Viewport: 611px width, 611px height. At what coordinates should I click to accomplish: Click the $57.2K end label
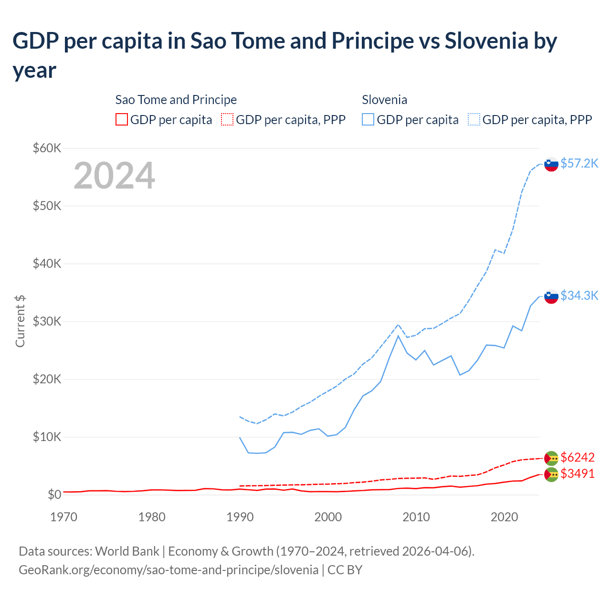pyautogui.click(x=579, y=163)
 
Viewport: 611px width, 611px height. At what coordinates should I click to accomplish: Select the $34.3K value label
pyautogui.click(x=579, y=295)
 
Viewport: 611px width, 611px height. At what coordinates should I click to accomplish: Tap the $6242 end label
pyautogui.click(x=577, y=457)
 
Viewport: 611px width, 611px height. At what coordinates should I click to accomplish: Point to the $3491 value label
pyautogui.click(x=577, y=474)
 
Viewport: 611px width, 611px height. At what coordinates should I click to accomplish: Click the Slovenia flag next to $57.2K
pyautogui.click(x=551, y=164)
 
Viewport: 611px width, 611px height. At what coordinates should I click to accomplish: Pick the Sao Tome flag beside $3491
pyautogui.click(x=551, y=474)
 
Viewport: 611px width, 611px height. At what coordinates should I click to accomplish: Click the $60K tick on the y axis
pyautogui.click(x=47, y=148)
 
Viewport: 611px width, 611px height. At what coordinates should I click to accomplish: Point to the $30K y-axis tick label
pyautogui.click(x=47, y=321)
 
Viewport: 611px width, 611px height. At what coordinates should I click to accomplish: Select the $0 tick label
pyautogui.click(x=54, y=495)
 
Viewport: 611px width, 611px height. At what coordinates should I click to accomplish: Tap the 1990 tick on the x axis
pyautogui.click(x=240, y=517)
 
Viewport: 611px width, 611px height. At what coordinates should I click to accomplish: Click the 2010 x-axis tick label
pyautogui.click(x=416, y=517)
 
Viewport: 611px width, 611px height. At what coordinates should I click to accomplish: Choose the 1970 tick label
pyautogui.click(x=64, y=517)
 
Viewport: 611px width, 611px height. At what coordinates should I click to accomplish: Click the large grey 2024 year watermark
pyautogui.click(x=114, y=176)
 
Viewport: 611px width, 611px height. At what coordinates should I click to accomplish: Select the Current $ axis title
pyautogui.click(x=20, y=321)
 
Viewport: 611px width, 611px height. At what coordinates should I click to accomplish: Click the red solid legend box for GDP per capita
pyautogui.click(x=122, y=119)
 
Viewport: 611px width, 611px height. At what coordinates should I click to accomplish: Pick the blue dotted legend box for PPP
pyautogui.click(x=474, y=119)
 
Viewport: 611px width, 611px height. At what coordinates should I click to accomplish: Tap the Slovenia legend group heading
pyautogui.click(x=384, y=100)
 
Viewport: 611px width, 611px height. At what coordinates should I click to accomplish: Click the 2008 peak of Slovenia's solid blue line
pyautogui.click(x=398, y=336)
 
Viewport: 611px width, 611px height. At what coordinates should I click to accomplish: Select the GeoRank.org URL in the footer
pyautogui.click(x=169, y=569)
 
